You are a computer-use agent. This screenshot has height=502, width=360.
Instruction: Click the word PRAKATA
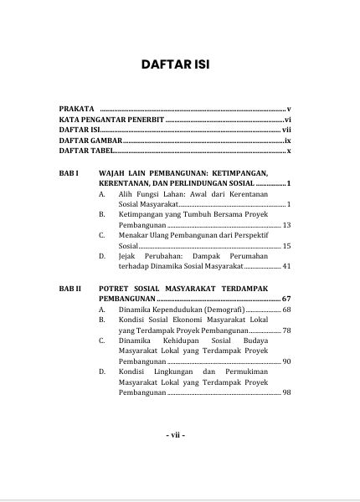[x=76, y=110]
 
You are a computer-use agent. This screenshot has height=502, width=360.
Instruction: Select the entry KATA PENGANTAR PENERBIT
[x=111, y=120]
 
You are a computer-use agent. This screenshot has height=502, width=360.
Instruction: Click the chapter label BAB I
[x=69, y=172]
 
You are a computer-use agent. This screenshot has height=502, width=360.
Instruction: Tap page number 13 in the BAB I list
[x=286, y=225]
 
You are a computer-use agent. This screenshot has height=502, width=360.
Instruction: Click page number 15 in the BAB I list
[x=286, y=246]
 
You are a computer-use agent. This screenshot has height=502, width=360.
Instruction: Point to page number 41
[x=286, y=266]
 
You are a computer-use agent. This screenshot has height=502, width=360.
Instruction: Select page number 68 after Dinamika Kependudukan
[x=286, y=310]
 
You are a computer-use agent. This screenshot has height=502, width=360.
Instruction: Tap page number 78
[x=286, y=330]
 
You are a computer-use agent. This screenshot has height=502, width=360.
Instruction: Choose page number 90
[x=286, y=361]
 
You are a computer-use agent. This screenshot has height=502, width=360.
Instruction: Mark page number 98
[x=286, y=392]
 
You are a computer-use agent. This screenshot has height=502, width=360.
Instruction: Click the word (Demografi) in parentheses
[x=221, y=310]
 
